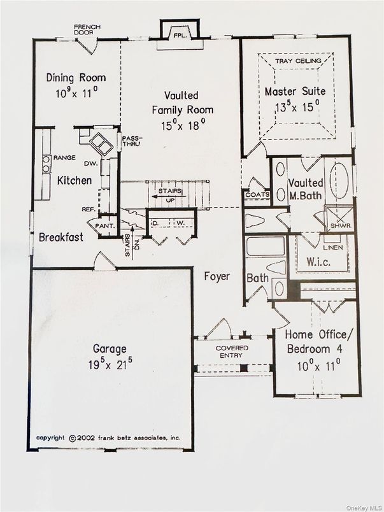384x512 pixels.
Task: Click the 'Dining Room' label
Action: tap(76, 78)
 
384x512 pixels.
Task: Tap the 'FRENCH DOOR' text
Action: tap(87, 29)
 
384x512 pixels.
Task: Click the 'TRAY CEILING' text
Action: tap(295, 61)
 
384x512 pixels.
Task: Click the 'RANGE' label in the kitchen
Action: tap(65, 157)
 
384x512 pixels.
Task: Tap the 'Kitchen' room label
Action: tap(75, 181)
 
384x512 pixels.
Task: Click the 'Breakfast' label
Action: tap(60, 238)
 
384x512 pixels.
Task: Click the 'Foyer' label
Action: tap(217, 276)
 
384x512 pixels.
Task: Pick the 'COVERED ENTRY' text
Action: tap(231, 352)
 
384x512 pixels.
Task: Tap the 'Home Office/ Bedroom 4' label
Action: tap(316, 341)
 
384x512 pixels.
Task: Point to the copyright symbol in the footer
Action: tap(72, 438)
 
